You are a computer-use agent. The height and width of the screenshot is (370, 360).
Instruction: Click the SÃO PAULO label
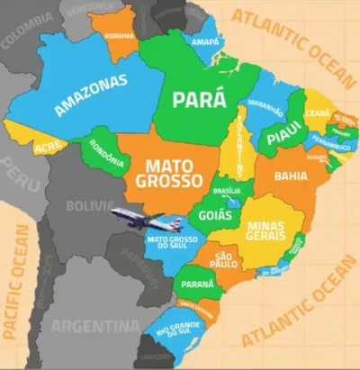pos(224,262)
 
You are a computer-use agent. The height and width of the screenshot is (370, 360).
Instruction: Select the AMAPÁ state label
pos(206,41)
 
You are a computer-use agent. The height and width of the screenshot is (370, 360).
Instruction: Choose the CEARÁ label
pos(317,113)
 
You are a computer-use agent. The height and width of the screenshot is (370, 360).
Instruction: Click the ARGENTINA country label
pos(94,325)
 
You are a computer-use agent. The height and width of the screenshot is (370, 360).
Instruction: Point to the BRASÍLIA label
pos(227,191)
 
